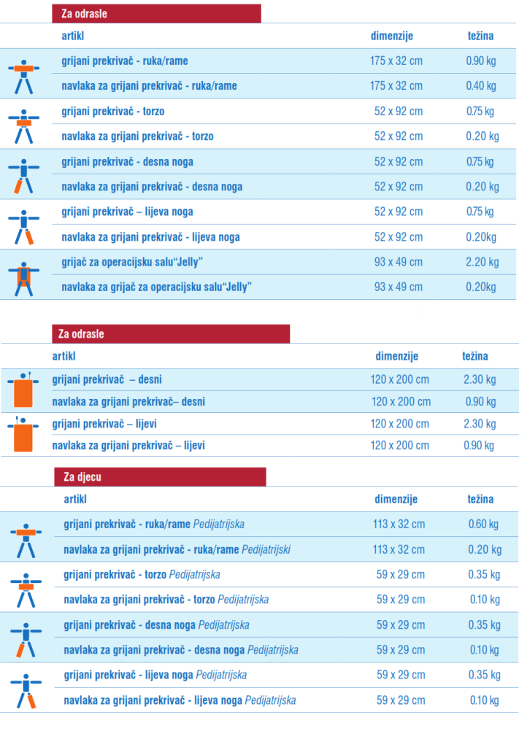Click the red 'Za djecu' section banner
tap(159, 477)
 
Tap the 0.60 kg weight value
tap(483, 524)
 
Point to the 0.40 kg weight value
tap(480, 86)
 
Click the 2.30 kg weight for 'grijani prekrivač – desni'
tap(480, 379)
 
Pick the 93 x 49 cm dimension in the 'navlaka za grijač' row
tap(399, 287)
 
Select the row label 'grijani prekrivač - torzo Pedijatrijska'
tap(142, 574)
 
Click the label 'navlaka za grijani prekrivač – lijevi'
tap(128, 445)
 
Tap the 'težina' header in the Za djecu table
tap(480, 500)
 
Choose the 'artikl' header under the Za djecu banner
tap(75, 500)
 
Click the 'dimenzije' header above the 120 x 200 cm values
tap(396, 356)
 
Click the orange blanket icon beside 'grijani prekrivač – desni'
tap(24, 390)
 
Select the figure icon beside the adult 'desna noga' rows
tap(24, 174)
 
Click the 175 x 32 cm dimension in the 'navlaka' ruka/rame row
tap(396, 86)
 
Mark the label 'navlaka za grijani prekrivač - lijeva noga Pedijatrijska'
tap(180, 700)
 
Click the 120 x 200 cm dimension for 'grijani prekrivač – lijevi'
tap(400, 424)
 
